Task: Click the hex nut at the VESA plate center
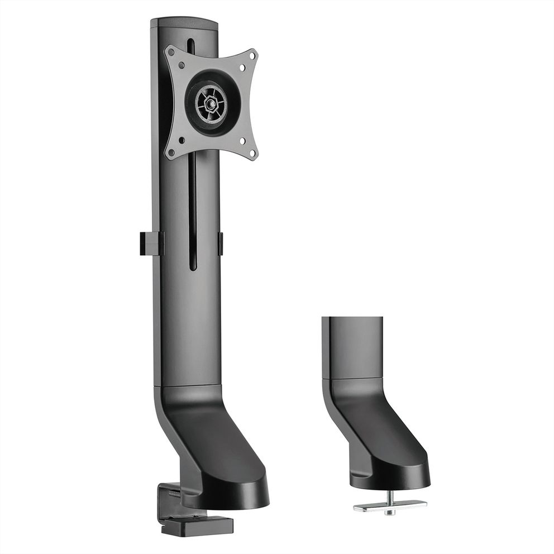(211, 103)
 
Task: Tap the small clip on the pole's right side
(221, 243)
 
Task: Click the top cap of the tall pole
(184, 23)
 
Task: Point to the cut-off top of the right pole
(353, 318)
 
